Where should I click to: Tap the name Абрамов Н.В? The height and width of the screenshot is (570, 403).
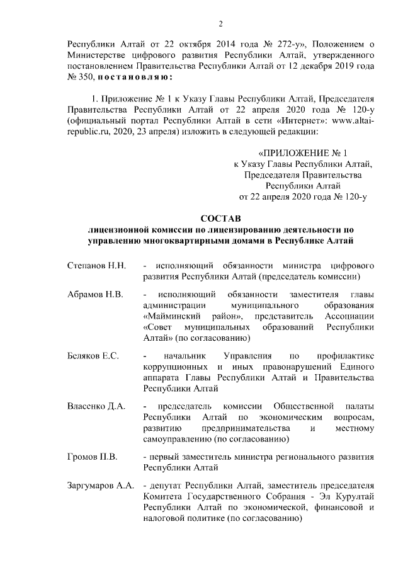click(95, 294)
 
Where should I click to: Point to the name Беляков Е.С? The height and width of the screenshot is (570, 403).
click(93, 356)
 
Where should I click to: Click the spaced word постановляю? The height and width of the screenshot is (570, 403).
click(132, 77)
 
